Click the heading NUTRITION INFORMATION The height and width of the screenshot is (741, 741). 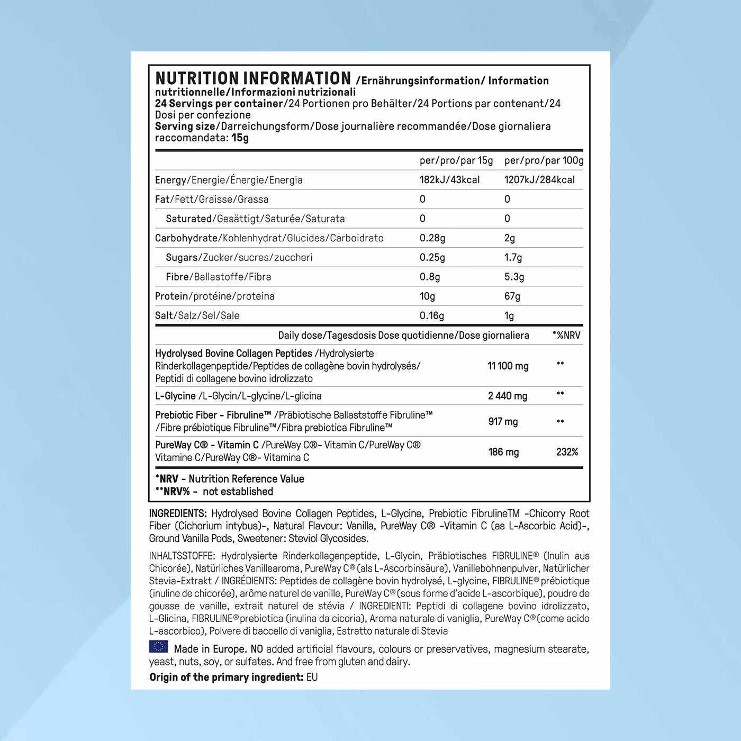click(253, 79)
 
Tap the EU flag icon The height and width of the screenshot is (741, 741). click(158, 647)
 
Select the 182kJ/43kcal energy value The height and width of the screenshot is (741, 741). click(449, 180)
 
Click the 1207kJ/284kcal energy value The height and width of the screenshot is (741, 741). click(539, 180)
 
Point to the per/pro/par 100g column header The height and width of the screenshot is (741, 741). click(544, 160)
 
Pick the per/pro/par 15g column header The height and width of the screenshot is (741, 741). click(456, 160)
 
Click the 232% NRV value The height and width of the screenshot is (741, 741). click(567, 452)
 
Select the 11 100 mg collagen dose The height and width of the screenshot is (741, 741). click(508, 366)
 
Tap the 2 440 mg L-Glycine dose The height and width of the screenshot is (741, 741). click(507, 396)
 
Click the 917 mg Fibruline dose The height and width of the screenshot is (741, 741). click(503, 422)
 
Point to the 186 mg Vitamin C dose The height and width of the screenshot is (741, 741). click(503, 452)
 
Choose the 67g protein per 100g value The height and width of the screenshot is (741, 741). click(512, 296)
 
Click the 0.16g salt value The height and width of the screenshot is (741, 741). click(431, 316)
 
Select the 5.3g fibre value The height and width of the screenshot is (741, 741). click(514, 277)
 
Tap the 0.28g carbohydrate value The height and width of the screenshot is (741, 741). click(432, 238)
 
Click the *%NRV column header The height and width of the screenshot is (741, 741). click(566, 335)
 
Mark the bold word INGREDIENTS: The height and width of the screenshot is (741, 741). click(178, 513)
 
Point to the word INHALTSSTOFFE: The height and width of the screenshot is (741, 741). click(182, 556)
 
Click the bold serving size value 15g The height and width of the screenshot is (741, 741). click(240, 138)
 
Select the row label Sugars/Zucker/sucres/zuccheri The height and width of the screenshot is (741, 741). click(239, 258)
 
